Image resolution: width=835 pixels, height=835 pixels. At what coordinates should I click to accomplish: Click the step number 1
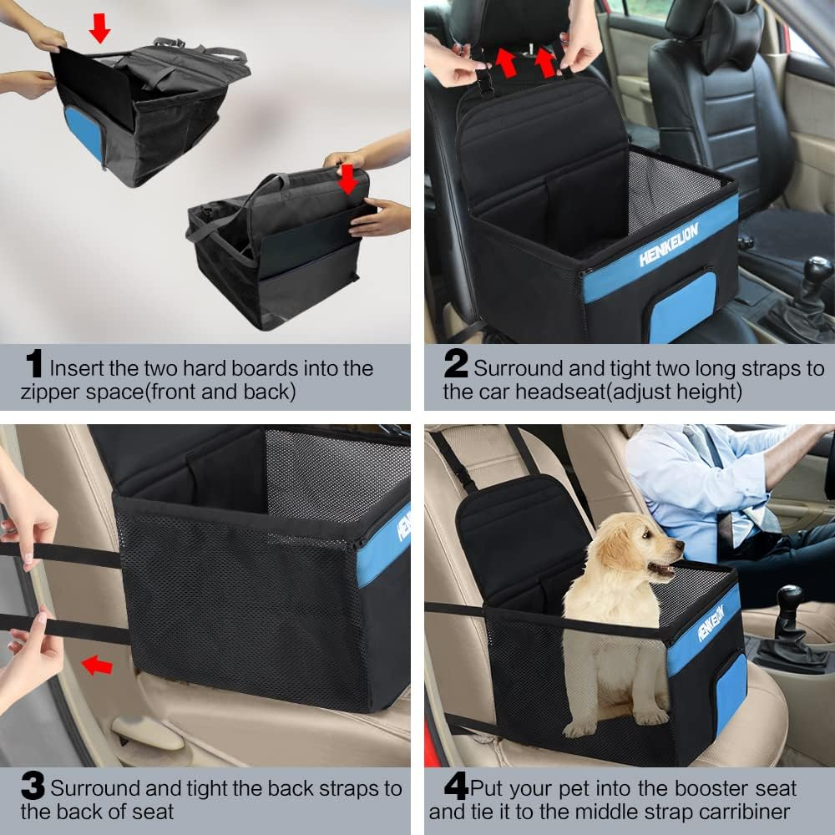33,365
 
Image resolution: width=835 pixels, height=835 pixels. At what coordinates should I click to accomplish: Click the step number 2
456,365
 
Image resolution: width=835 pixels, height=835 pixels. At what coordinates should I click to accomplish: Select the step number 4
456,786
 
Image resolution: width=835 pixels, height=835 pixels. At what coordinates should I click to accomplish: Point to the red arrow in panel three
97,665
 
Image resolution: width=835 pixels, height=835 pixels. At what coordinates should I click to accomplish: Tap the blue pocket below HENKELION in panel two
682,307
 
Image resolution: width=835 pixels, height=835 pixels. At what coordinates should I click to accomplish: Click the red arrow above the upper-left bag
99,28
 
